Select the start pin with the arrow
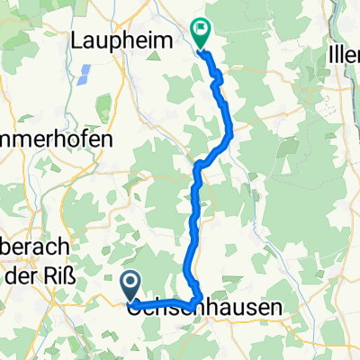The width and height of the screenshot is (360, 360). tap(130, 287)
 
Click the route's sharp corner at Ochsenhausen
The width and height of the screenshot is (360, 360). tap(197, 301)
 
